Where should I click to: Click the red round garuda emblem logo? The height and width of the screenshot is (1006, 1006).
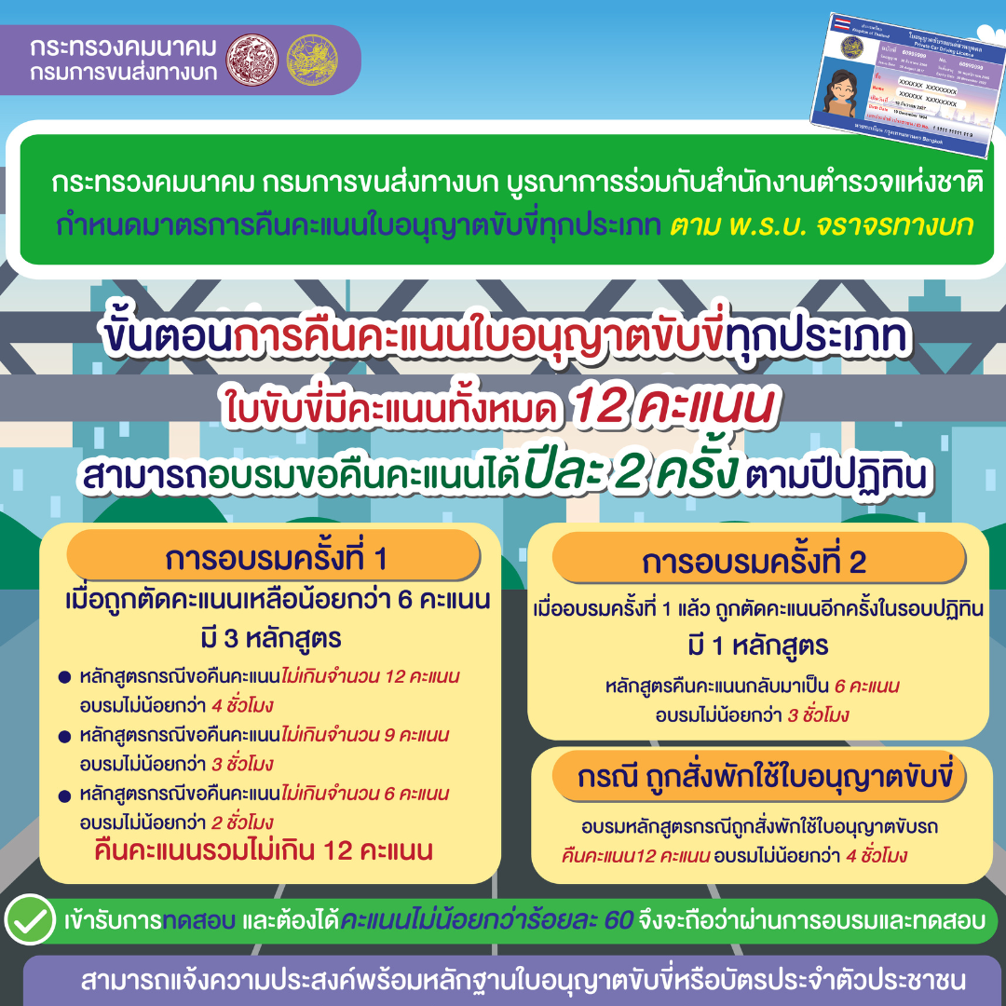[x=252, y=58]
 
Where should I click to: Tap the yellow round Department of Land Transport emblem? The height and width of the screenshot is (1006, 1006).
[x=313, y=58]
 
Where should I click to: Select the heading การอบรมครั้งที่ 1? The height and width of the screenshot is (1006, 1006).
[x=276, y=559]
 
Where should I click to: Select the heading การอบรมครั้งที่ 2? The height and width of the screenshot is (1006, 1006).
[x=754, y=564]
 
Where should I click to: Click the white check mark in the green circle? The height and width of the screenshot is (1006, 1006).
[x=31, y=919]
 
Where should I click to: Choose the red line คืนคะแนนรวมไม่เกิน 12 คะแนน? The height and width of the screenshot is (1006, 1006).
[x=265, y=850]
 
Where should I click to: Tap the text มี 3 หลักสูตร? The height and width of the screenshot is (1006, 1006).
[x=271, y=640]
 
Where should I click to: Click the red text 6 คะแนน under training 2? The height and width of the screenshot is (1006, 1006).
[x=866, y=687]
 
